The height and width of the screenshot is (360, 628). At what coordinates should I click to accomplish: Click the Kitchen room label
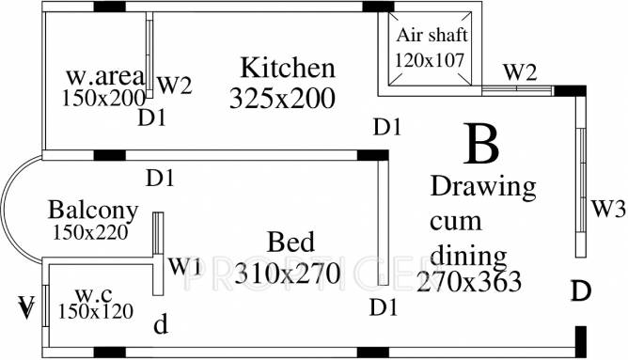coord(287,69)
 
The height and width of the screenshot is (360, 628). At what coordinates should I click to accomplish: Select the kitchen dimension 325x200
coord(281,98)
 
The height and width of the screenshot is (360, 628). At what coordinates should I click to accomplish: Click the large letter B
coord(480,146)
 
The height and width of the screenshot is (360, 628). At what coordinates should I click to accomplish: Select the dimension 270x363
coord(471,280)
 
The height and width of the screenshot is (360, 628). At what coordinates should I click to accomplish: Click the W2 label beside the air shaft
coord(519,71)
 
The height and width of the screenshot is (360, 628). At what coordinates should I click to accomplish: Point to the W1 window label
coord(184,265)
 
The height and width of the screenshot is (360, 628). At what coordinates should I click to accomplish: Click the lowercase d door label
coord(162,326)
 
